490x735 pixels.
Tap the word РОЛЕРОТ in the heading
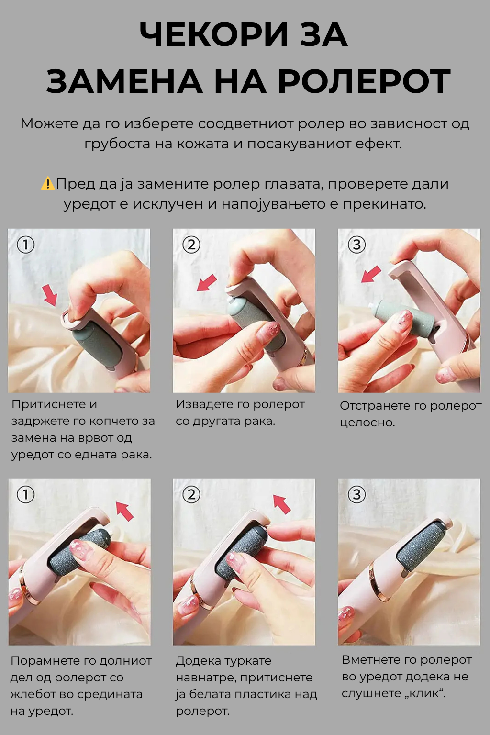[364, 81]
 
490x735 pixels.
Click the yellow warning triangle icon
[48, 184]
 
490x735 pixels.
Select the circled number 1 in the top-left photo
[26, 245]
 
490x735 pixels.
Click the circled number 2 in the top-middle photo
[191, 245]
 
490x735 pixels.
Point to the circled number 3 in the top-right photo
[356, 245]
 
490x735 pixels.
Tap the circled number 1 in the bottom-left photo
[26, 494]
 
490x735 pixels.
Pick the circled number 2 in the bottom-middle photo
[191, 494]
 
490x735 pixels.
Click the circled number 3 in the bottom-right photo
[356, 494]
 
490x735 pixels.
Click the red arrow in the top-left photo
[50, 295]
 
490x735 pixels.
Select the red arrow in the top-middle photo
[207, 283]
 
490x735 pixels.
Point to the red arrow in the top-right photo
[371, 274]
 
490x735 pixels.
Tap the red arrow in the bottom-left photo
[125, 511]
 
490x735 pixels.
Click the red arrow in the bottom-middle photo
[282, 504]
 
